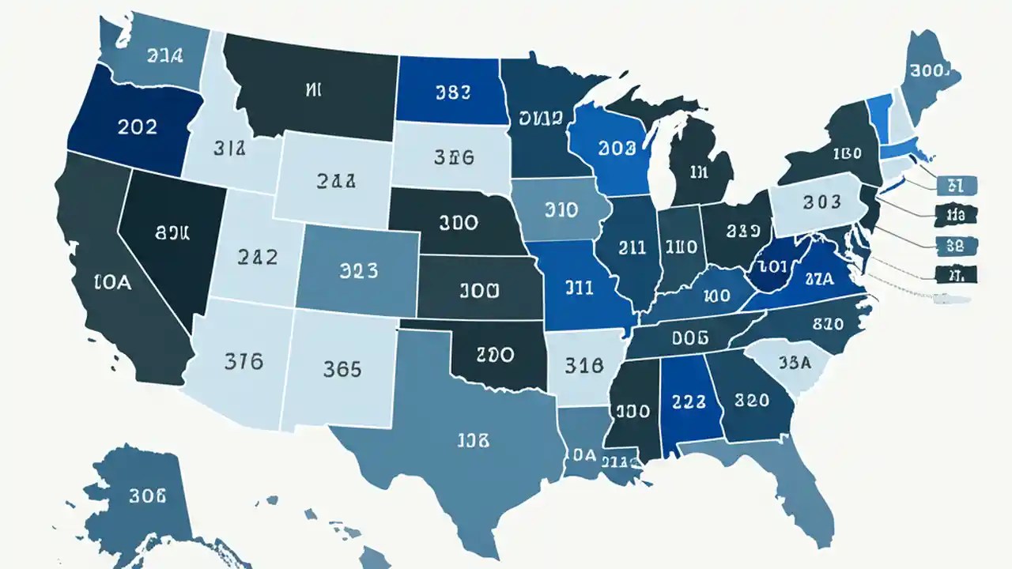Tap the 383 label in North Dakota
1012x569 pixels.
[453, 92]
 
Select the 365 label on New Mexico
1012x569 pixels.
[342, 368]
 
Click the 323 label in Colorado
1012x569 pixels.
[358, 271]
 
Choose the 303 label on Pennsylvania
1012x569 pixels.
[821, 202]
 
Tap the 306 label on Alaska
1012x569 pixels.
[147, 496]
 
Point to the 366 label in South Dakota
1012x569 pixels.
[454, 157]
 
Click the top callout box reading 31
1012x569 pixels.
[955, 186]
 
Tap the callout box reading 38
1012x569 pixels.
[955, 246]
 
